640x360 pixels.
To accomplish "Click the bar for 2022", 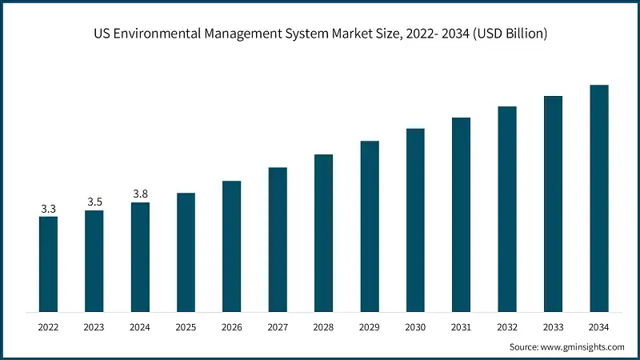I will coord(48,264).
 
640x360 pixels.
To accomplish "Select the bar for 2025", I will coord(186,252).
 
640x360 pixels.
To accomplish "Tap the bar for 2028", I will coord(323,233).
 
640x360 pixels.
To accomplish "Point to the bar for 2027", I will coord(278,239).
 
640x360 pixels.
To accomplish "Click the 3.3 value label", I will coord(48,209).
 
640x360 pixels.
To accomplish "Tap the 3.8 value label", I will coord(140,194).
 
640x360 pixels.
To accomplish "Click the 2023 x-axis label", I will coord(94,327).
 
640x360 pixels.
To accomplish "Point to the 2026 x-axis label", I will coord(232,327).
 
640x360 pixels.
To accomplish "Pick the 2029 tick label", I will coord(370,327).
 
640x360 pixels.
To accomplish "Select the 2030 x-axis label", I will coord(415,327).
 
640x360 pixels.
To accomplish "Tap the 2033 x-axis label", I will coord(553,327).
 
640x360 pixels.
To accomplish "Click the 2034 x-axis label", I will coord(599,327).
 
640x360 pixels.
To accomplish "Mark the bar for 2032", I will coord(507,209).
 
